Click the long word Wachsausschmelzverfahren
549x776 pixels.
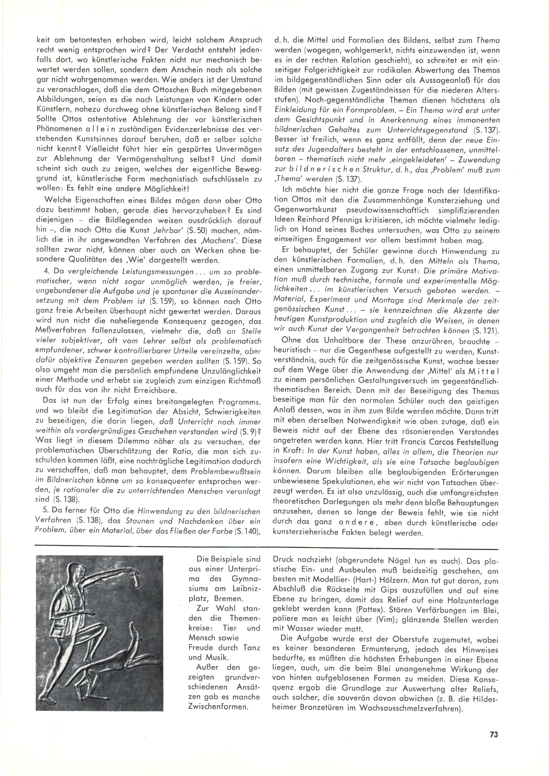pyautogui.click(x=410, y=707)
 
